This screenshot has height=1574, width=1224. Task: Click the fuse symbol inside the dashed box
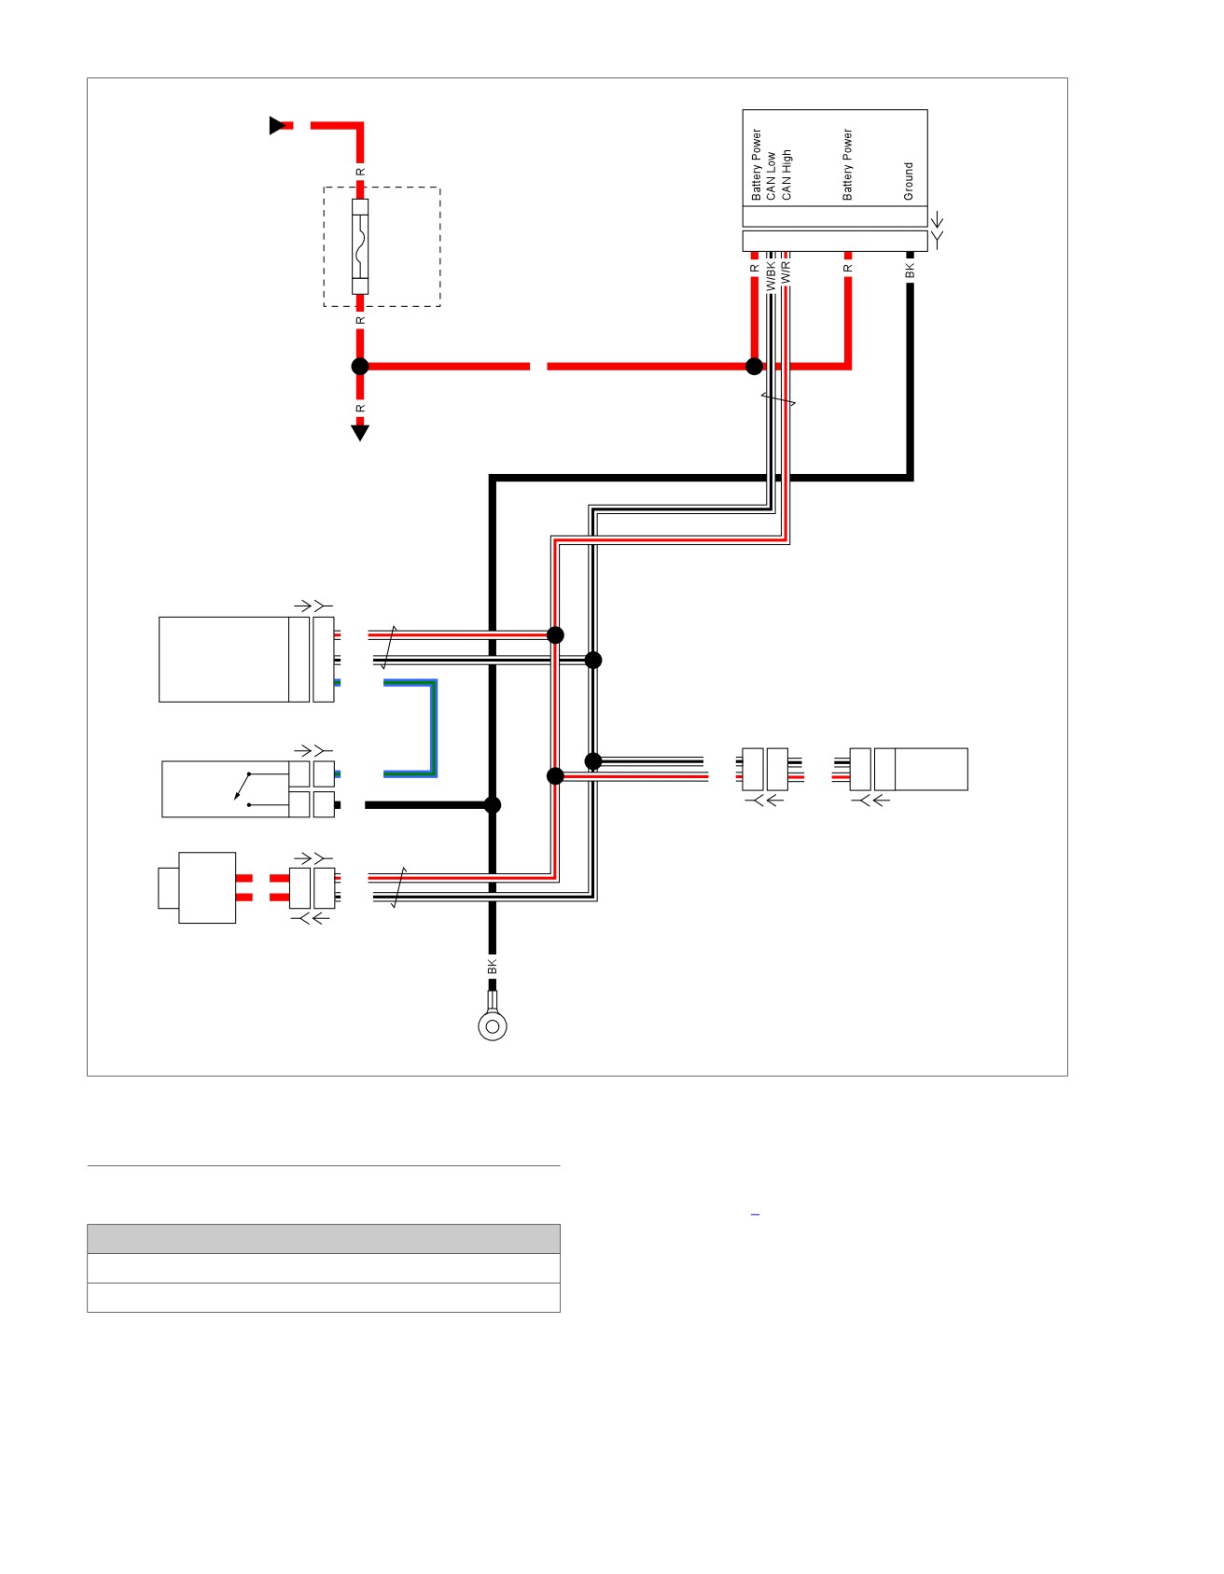click(x=360, y=246)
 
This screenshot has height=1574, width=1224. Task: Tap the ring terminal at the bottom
click(x=493, y=1025)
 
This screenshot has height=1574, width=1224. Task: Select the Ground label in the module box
click(x=909, y=181)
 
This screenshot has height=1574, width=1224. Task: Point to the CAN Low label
click(x=771, y=176)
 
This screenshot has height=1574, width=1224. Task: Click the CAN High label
click(x=786, y=174)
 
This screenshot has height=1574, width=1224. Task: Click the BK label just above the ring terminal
click(x=493, y=968)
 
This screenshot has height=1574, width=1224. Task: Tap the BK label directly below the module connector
click(x=911, y=271)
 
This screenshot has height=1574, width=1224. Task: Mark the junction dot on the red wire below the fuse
click(x=360, y=367)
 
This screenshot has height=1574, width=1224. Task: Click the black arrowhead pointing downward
click(x=360, y=432)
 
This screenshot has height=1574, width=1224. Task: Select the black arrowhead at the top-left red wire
click(x=277, y=125)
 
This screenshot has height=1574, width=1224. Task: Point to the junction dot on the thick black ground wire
click(x=493, y=805)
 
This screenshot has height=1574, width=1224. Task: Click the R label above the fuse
click(x=360, y=173)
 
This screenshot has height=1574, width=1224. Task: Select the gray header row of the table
click(x=324, y=1239)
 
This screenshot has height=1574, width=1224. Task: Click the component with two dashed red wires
click(x=197, y=887)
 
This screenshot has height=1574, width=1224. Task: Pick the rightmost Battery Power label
click(x=847, y=164)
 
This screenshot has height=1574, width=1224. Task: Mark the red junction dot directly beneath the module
click(x=755, y=367)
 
